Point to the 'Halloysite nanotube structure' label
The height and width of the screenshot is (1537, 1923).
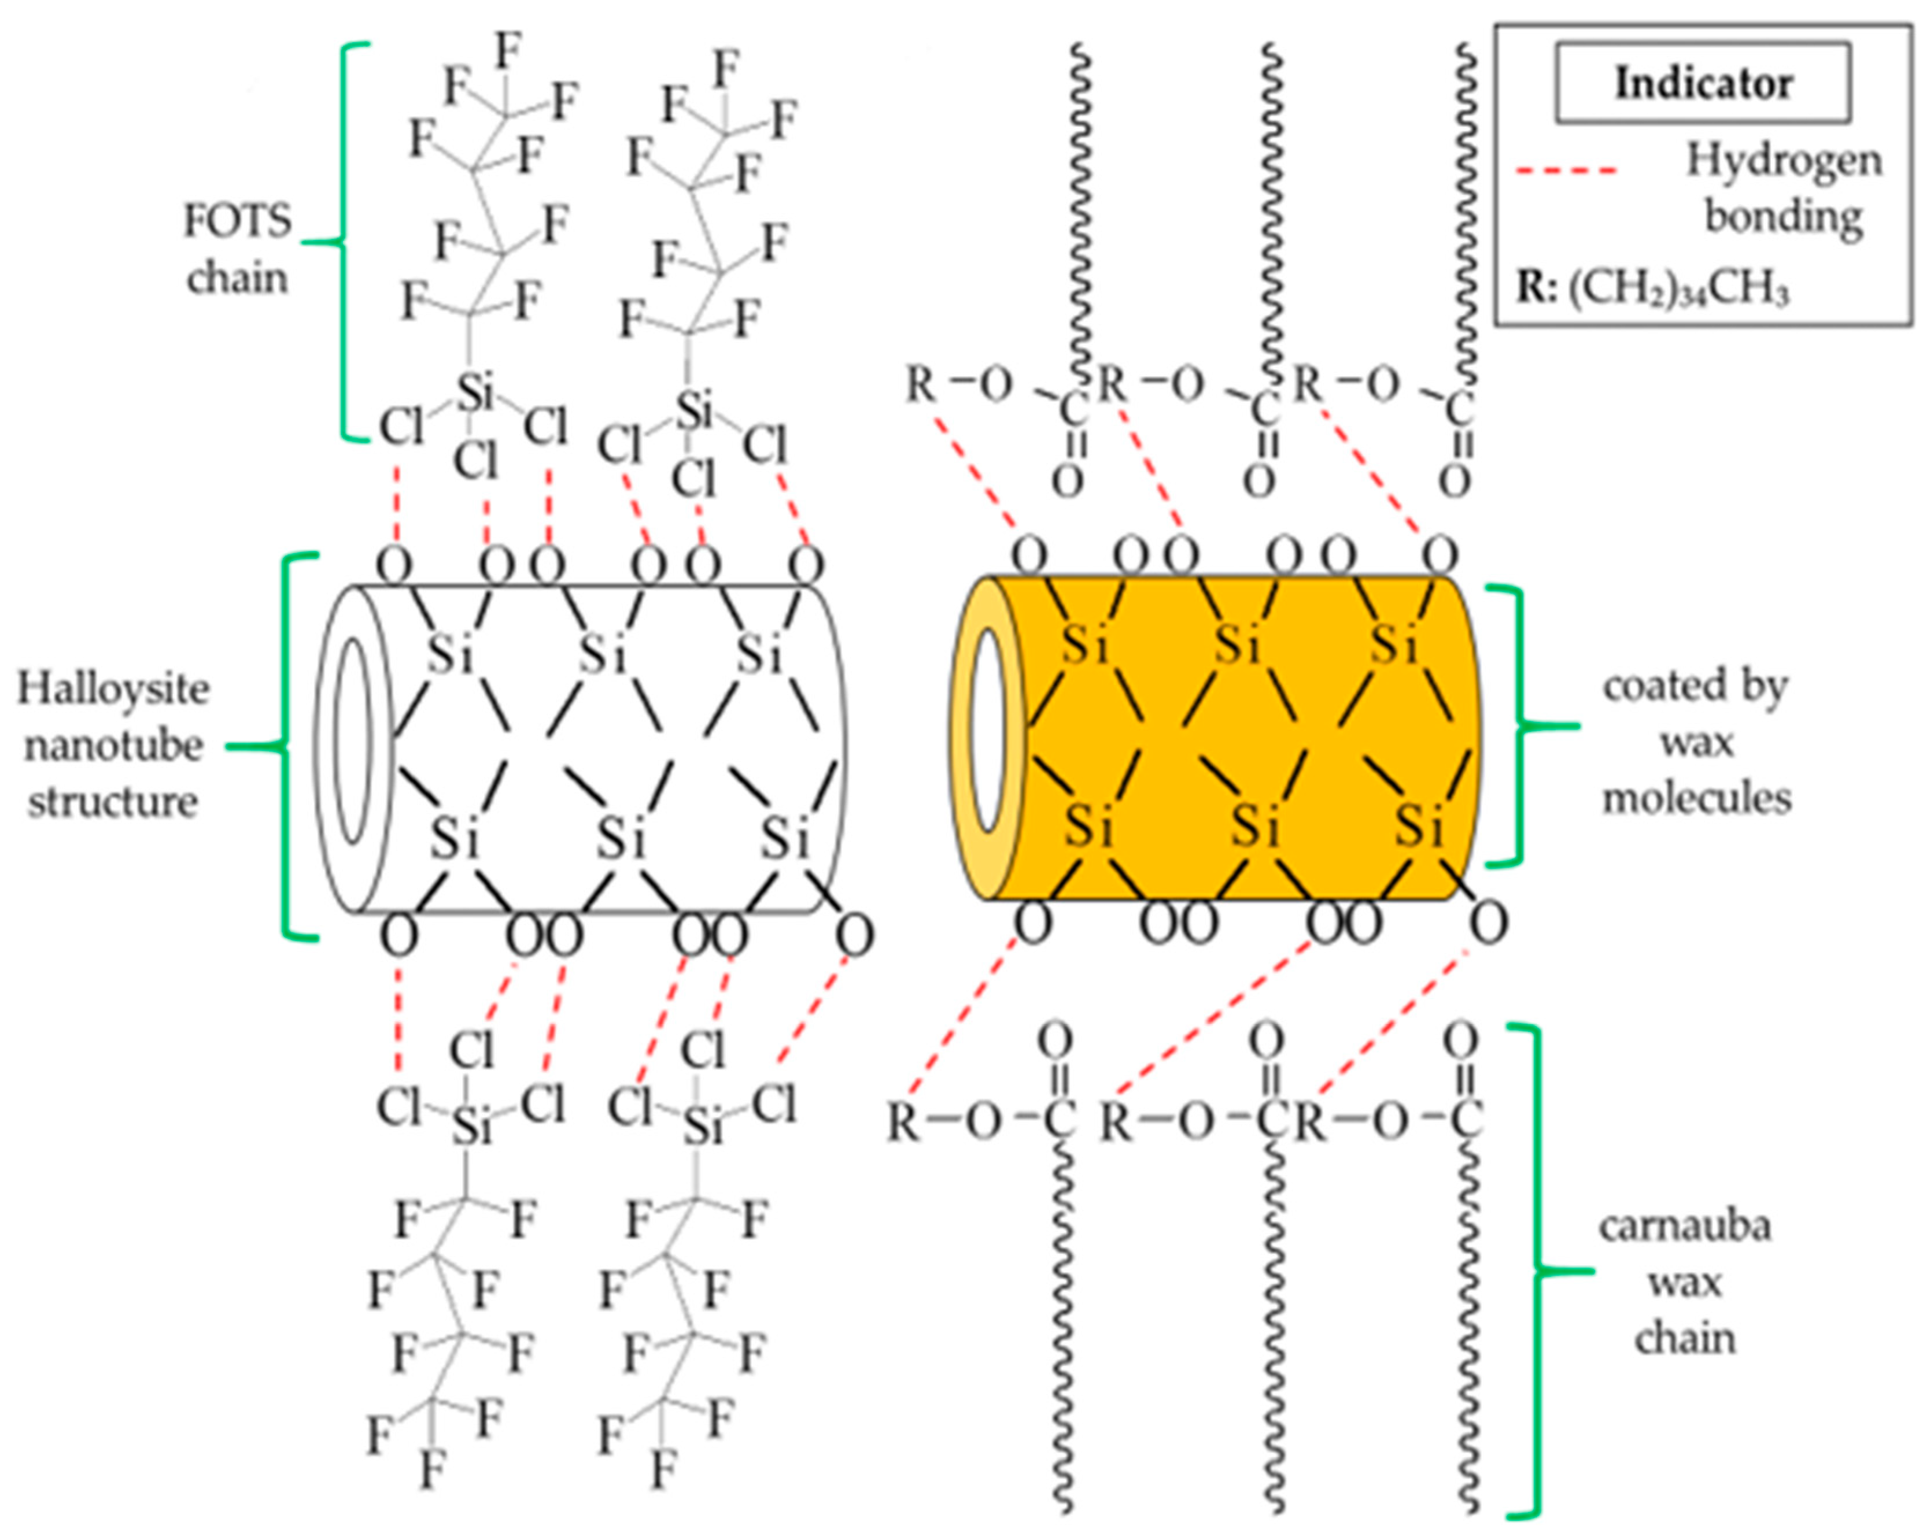113,745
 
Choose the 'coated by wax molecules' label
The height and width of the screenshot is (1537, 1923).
1696,742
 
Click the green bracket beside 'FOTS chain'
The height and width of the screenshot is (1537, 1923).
344,240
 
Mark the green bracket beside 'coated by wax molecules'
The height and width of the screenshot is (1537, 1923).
1516,727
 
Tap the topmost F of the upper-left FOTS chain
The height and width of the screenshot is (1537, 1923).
508,51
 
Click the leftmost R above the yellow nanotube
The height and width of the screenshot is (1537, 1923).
921,385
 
